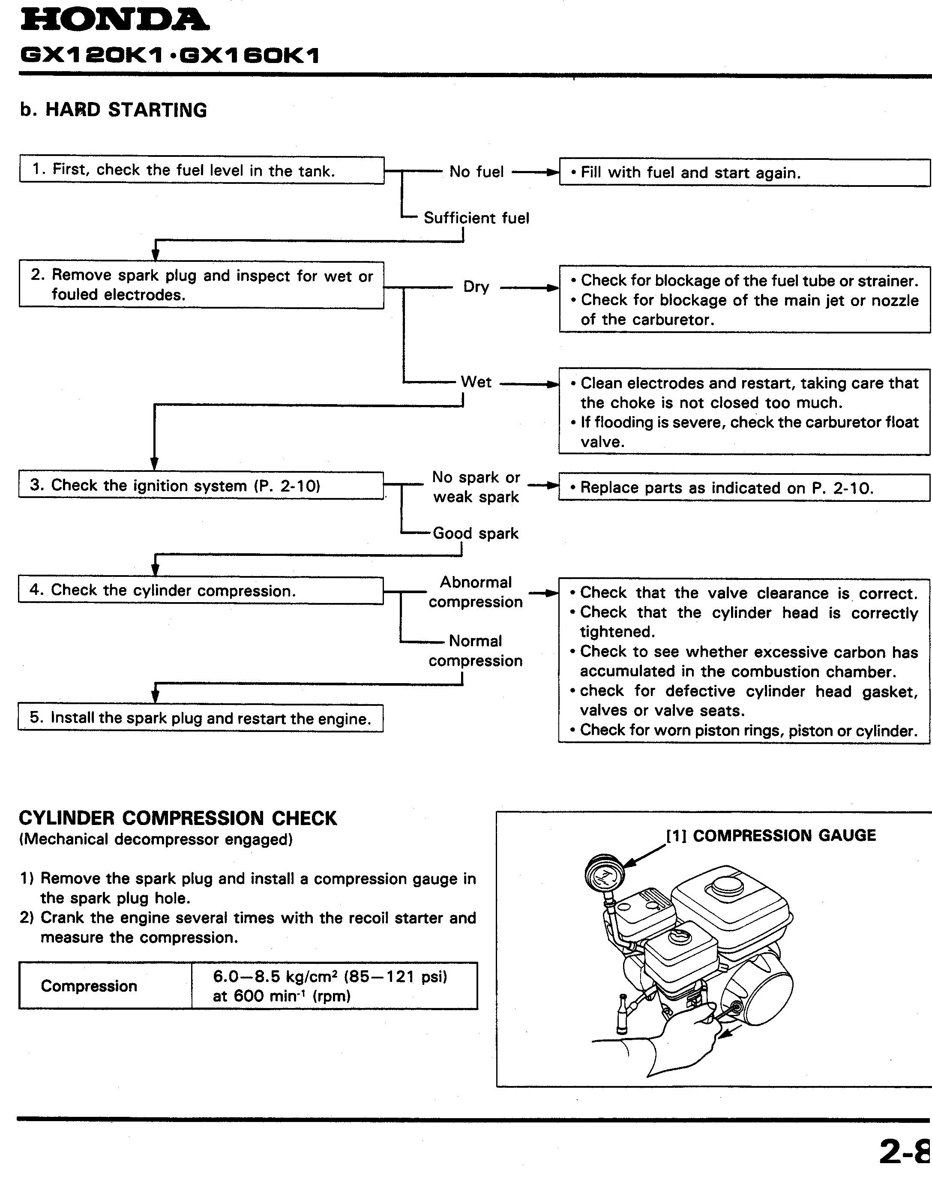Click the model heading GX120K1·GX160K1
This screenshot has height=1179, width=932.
click(x=169, y=56)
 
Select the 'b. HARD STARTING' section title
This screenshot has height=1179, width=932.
click(x=114, y=110)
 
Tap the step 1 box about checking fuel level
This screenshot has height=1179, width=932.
click(x=201, y=170)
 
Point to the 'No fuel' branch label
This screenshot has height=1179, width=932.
click(x=476, y=172)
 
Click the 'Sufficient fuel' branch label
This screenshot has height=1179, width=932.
click(x=476, y=218)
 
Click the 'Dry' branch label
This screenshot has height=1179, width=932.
click(x=476, y=287)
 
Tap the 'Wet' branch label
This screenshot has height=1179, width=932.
click(x=476, y=382)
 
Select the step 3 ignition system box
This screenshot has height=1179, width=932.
click(x=201, y=485)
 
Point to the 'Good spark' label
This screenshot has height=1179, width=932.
click(x=475, y=533)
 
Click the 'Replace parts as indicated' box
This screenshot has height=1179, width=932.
click(x=744, y=487)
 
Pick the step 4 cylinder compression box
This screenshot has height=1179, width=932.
click(x=201, y=591)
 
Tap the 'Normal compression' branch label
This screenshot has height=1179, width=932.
click(x=475, y=651)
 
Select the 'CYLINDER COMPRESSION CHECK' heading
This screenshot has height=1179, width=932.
click(x=178, y=818)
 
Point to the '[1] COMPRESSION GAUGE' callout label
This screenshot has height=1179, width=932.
click(x=770, y=836)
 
